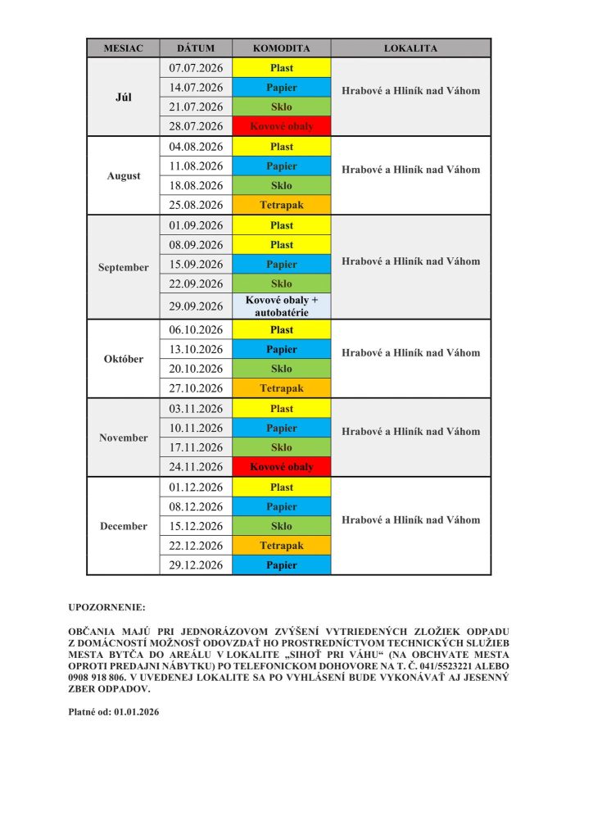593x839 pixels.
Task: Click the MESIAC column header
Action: coord(123,48)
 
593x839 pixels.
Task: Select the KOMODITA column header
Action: coord(281,48)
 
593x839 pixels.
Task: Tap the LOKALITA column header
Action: coord(410,48)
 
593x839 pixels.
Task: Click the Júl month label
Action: coord(123,97)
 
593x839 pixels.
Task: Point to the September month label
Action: coord(123,267)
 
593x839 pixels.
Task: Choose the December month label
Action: coord(123,526)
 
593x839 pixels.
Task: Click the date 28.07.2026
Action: coord(196,126)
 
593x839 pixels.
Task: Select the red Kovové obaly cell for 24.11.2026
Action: coord(281,467)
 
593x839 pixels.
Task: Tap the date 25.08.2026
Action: coord(196,205)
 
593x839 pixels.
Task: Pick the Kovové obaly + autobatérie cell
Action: coord(281,306)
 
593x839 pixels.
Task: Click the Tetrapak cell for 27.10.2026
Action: coord(281,388)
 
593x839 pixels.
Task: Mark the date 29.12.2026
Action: coord(196,565)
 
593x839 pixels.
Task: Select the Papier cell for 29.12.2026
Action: coord(281,565)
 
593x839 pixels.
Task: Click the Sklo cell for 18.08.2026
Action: coord(281,185)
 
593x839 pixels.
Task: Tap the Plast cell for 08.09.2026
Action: coord(281,244)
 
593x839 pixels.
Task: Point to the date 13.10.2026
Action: coord(196,349)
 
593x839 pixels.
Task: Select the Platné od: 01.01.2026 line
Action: coord(113,712)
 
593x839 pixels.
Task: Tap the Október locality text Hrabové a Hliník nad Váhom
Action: coord(410,353)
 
